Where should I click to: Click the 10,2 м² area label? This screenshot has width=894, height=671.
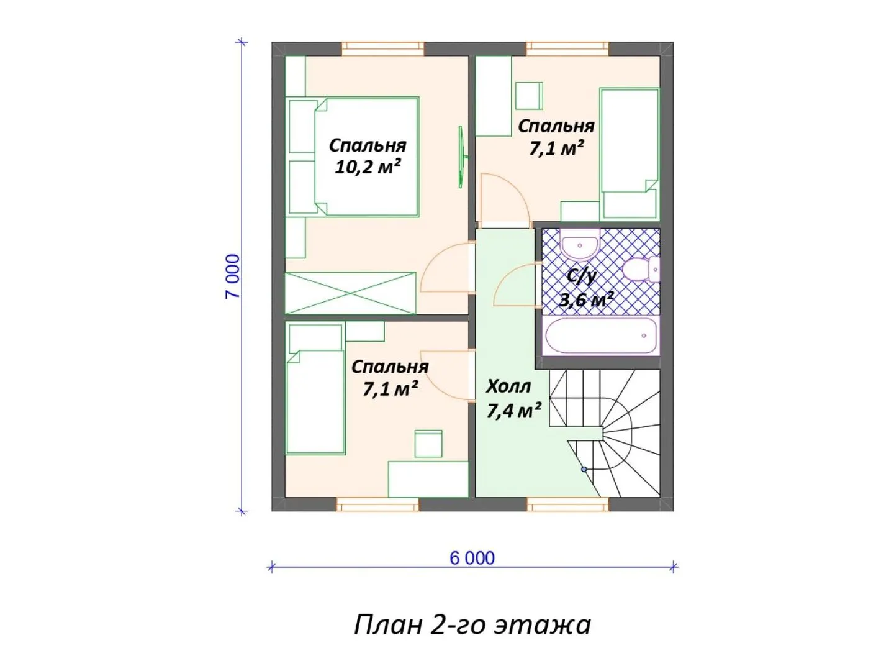[x=368, y=167]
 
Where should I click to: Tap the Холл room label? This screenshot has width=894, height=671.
[x=508, y=386]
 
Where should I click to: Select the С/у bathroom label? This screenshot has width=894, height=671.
[x=582, y=277]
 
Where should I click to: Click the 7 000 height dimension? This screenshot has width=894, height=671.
[x=233, y=276]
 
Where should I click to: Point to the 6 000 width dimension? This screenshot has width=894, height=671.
[x=472, y=558]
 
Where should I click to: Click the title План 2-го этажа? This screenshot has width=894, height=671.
[x=472, y=626]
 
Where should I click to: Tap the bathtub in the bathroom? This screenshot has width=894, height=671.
[x=601, y=336]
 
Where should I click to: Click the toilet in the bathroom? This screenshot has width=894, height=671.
[x=641, y=269]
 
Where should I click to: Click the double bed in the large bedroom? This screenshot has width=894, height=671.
[x=353, y=157]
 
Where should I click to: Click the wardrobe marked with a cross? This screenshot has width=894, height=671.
[x=350, y=293]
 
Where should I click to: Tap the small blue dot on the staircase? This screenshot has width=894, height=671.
[x=584, y=469]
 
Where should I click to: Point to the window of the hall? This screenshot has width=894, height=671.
[x=568, y=504]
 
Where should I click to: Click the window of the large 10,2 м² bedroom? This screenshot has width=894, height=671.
[x=382, y=49]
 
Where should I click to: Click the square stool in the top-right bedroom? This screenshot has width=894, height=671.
[x=529, y=96]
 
